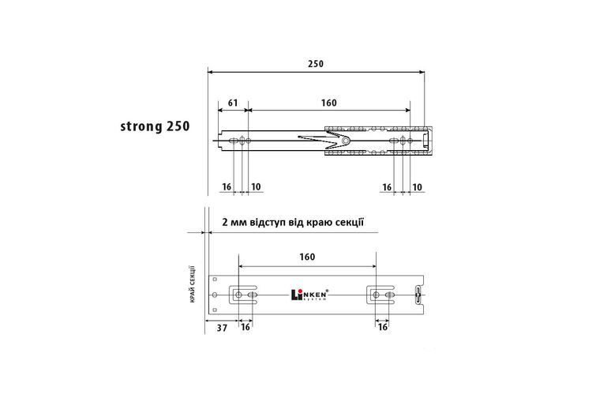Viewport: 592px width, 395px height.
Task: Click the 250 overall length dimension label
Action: point(316,64)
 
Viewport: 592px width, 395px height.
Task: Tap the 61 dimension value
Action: point(233,103)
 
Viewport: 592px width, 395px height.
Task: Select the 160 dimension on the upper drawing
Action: point(328,103)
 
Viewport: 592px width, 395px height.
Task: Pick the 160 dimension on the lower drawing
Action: point(307,257)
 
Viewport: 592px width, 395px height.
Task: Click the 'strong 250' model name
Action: point(155,126)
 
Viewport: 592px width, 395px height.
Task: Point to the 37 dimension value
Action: point(222,328)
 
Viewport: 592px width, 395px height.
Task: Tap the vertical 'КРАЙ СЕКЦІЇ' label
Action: point(193,284)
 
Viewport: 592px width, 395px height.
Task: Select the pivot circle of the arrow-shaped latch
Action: point(346,141)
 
